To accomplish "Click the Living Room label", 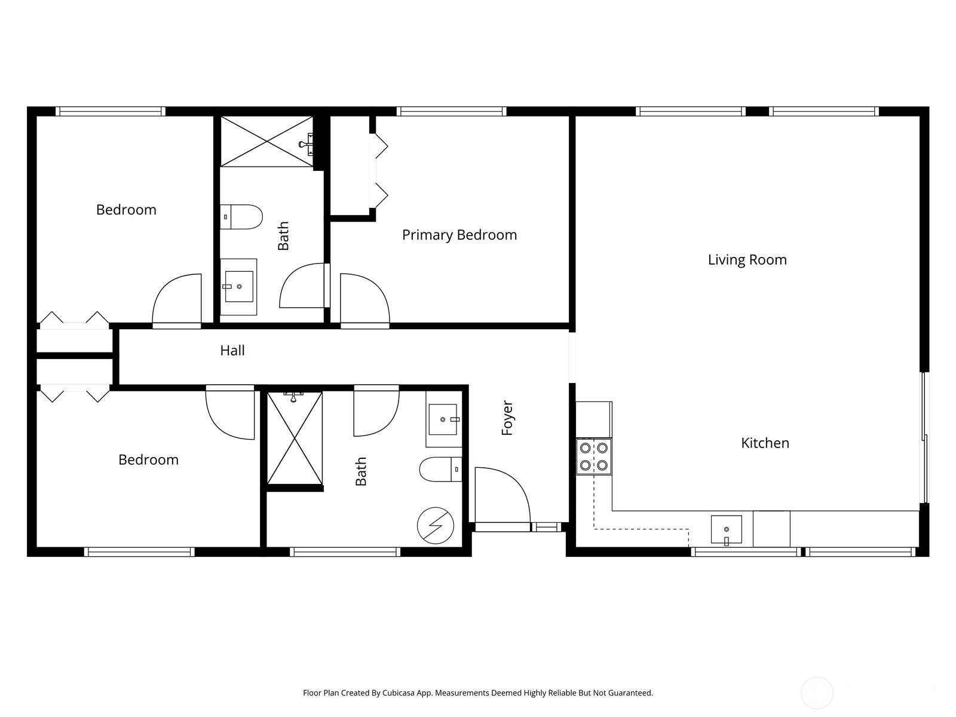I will [x=747, y=260].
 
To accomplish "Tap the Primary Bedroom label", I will [x=459, y=235].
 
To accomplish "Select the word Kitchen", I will [x=765, y=443].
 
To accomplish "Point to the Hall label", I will [x=232, y=350].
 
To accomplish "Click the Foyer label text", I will [x=507, y=418].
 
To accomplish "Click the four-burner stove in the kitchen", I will [x=594, y=456].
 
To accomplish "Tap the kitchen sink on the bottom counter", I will [x=726, y=529].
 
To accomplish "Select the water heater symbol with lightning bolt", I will [x=436, y=526].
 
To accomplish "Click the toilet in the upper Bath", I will [x=241, y=217].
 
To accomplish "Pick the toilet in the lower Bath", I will [x=441, y=469].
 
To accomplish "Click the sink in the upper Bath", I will [x=238, y=287].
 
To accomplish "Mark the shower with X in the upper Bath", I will [x=266, y=141].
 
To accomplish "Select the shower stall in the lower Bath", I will [x=295, y=438].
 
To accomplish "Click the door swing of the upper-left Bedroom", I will [x=178, y=300].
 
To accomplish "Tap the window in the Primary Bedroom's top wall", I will [x=451, y=111].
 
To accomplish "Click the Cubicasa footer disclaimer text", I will [x=477, y=693].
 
